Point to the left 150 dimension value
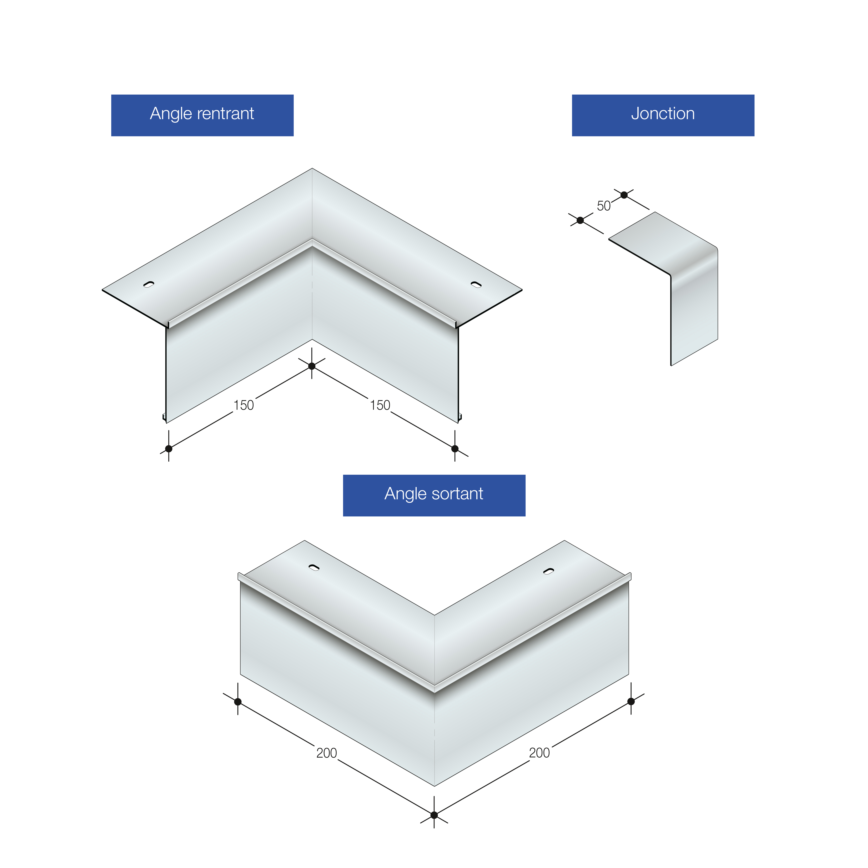tap(244, 405)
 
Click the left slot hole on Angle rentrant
tap(149, 284)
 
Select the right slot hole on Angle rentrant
tap(476, 284)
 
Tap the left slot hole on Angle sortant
tap(314, 567)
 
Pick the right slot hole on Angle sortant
tap(548, 571)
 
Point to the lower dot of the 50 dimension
tap(580, 220)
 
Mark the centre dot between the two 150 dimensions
tap(312, 366)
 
